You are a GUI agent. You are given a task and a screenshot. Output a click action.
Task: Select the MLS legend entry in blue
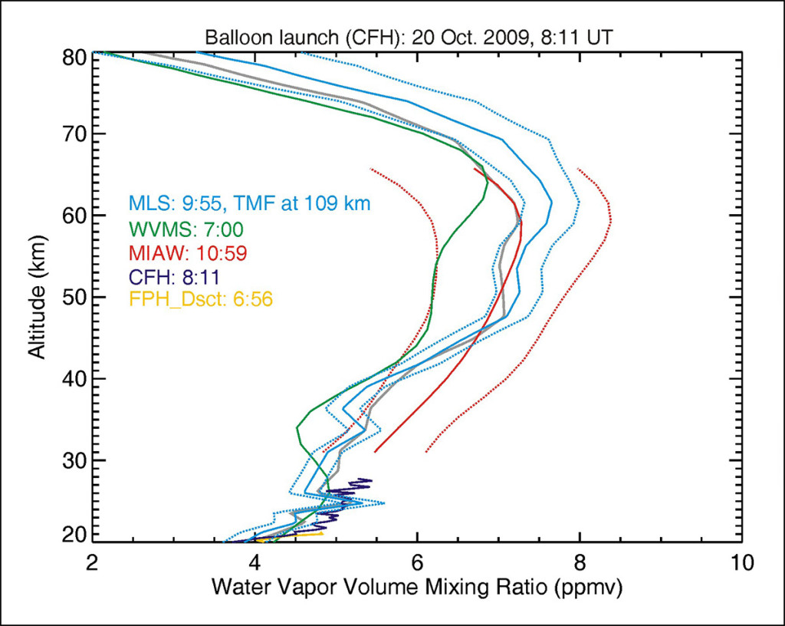(x=250, y=204)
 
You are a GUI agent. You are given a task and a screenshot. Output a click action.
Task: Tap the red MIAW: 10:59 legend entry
(x=187, y=252)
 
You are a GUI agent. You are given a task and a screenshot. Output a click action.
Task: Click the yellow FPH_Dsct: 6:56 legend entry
(x=201, y=299)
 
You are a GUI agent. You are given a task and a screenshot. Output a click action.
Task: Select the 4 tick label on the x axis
(x=255, y=562)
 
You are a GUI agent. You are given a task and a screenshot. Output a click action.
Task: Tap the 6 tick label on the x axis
(x=418, y=562)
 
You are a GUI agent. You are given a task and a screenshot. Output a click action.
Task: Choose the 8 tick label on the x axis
(x=580, y=562)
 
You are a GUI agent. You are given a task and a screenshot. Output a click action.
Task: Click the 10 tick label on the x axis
(x=741, y=562)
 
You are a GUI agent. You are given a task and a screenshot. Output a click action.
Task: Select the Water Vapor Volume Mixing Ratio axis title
(x=417, y=588)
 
